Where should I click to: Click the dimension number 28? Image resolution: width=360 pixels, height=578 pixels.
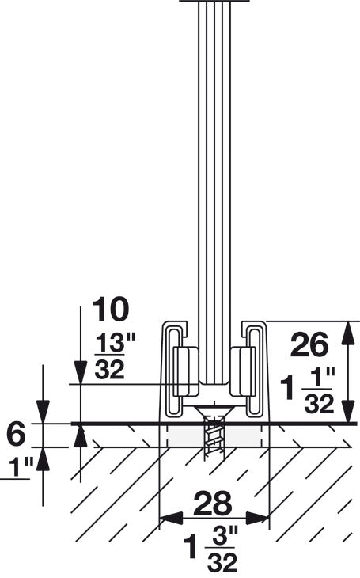[x=213, y=503]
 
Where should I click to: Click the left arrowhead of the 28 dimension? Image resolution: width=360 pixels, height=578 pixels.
[x=168, y=519]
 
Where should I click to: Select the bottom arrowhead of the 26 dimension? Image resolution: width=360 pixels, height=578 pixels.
[x=346, y=413]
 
